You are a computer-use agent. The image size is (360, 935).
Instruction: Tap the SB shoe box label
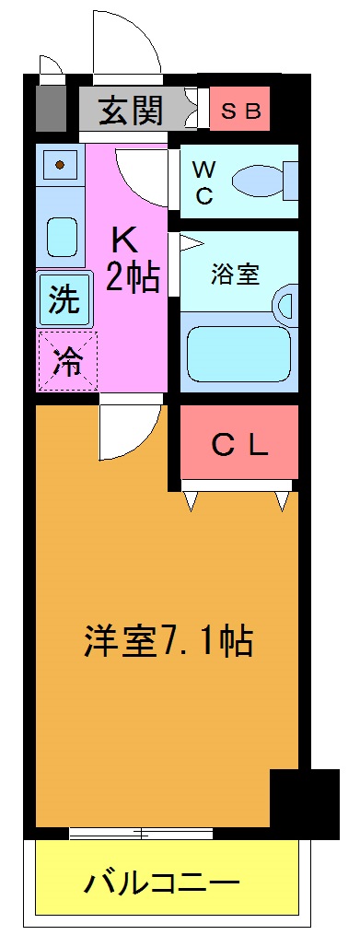[x=241, y=111]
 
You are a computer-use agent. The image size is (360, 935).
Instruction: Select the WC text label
[x=203, y=181]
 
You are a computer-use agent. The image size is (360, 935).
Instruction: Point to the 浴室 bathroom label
[x=235, y=274]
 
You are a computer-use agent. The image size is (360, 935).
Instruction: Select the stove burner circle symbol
[x=60, y=165]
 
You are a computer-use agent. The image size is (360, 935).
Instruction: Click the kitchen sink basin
[x=62, y=236]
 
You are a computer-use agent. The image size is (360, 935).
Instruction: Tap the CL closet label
[x=239, y=445]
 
